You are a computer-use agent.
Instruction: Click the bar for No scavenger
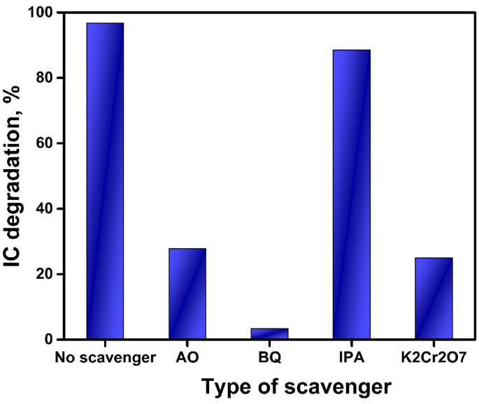[104, 182]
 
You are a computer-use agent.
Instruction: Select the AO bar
[187, 294]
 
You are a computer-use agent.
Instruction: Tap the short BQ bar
[269, 334]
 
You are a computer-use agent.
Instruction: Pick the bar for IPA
[351, 196]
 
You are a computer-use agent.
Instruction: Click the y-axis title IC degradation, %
[15, 175]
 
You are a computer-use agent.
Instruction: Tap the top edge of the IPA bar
[351, 50]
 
